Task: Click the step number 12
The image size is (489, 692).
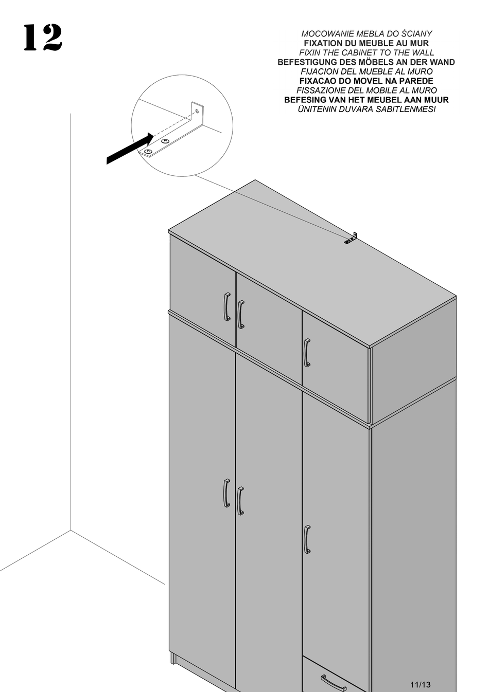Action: pyautogui.click(x=42, y=38)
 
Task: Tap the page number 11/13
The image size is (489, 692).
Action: pyautogui.click(x=420, y=684)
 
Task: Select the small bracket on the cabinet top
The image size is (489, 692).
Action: pyautogui.click(x=352, y=238)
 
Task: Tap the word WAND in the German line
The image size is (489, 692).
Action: pyautogui.click(x=442, y=62)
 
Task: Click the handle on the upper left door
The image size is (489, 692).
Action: pyautogui.click(x=227, y=307)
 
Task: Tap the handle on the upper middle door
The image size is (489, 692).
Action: pyautogui.click(x=240, y=314)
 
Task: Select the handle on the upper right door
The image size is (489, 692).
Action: pyautogui.click(x=307, y=353)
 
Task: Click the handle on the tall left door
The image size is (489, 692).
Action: pyautogui.click(x=226, y=493)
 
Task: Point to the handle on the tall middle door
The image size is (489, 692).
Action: pyautogui.click(x=240, y=501)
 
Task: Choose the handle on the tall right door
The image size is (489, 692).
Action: pyautogui.click(x=307, y=539)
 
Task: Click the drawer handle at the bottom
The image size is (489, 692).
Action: pyautogui.click(x=333, y=683)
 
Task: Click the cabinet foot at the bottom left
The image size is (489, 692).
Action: pyautogui.click(x=173, y=659)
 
